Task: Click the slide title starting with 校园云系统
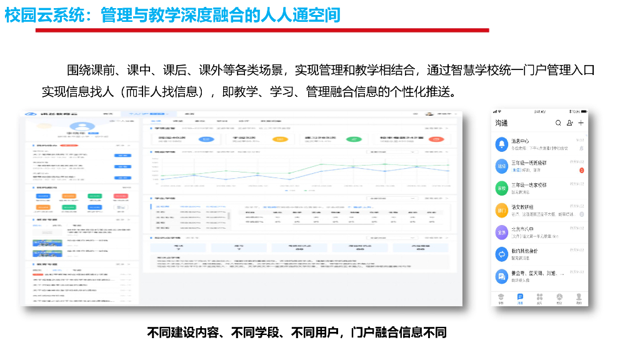(x=172, y=14)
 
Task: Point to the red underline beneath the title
(x=262, y=30)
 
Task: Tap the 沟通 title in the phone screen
(x=501, y=123)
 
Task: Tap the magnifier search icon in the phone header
(x=558, y=123)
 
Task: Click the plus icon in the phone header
(x=581, y=123)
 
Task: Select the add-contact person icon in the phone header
(x=569, y=123)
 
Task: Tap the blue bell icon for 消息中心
(x=501, y=144)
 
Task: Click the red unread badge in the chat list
(x=581, y=170)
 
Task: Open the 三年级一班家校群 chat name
(x=529, y=185)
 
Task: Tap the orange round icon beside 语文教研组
(x=501, y=210)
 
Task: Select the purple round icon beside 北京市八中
(x=501, y=232)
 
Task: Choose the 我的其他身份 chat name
(x=524, y=251)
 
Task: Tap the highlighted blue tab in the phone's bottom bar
(x=520, y=298)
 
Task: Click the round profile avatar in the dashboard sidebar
(x=92, y=132)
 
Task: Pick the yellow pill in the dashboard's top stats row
(x=281, y=139)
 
